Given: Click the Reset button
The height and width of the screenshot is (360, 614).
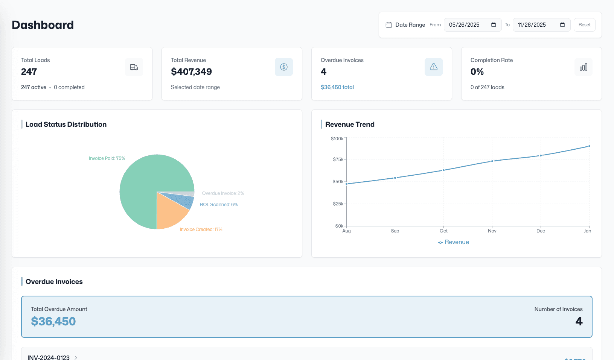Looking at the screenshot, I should (x=584, y=25).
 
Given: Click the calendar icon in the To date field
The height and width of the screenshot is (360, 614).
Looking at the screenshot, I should (x=562, y=25).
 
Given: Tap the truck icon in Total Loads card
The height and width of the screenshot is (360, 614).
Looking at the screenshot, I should (x=134, y=67).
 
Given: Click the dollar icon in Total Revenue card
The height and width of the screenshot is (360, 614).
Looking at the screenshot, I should (x=284, y=67).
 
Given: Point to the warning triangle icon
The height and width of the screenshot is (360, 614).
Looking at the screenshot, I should (x=434, y=67).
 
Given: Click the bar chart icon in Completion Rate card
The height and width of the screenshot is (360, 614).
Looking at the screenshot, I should (x=584, y=67).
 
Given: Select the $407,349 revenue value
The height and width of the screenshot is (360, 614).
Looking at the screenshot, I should (x=191, y=71).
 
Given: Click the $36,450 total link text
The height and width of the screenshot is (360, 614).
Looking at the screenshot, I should (x=337, y=87).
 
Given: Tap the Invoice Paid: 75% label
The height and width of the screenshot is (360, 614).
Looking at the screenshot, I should (x=107, y=158).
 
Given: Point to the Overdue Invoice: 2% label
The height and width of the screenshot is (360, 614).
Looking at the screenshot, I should (x=223, y=193).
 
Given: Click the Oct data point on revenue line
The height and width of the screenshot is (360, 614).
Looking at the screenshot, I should (x=443, y=170).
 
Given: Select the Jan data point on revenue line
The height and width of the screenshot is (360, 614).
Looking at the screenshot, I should (x=589, y=146).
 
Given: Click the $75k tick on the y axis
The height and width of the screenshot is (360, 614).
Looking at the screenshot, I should (x=338, y=159).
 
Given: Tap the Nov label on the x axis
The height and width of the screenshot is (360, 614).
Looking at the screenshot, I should (x=492, y=231).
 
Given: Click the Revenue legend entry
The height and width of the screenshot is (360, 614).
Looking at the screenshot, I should (x=453, y=242).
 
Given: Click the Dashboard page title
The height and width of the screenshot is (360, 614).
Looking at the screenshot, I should (x=43, y=25).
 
